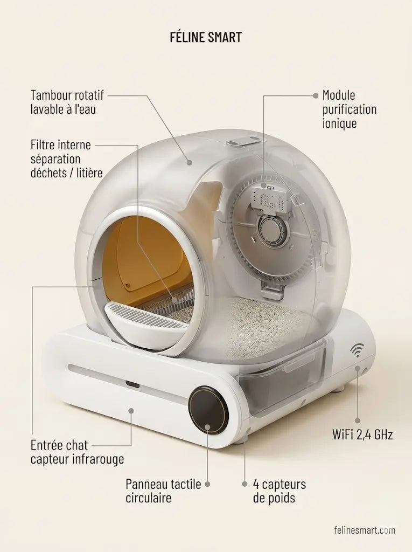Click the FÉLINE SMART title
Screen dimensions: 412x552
click(x=206, y=37)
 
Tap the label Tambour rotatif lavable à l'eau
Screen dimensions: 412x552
click(x=67, y=102)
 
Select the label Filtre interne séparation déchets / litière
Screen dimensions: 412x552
click(x=66, y=159)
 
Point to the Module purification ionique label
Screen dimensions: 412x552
click(x=350, y=109)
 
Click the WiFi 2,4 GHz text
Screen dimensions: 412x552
click(x=362, y=435)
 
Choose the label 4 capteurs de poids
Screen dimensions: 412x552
click(x=280, y=491)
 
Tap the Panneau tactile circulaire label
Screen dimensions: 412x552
click(x=163, y=491)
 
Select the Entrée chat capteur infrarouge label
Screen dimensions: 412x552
click(x=77, y=452)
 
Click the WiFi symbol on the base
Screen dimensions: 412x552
click(x=357, y=350)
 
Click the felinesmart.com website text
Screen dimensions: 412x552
click(x=365, y=530)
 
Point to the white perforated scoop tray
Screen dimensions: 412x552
click(x=146, y=322)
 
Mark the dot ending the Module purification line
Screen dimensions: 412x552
click(x=316, y=95)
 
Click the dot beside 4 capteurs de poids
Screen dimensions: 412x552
click(x=245, y=485)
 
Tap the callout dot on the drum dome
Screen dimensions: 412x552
click(x=189, y=163)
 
